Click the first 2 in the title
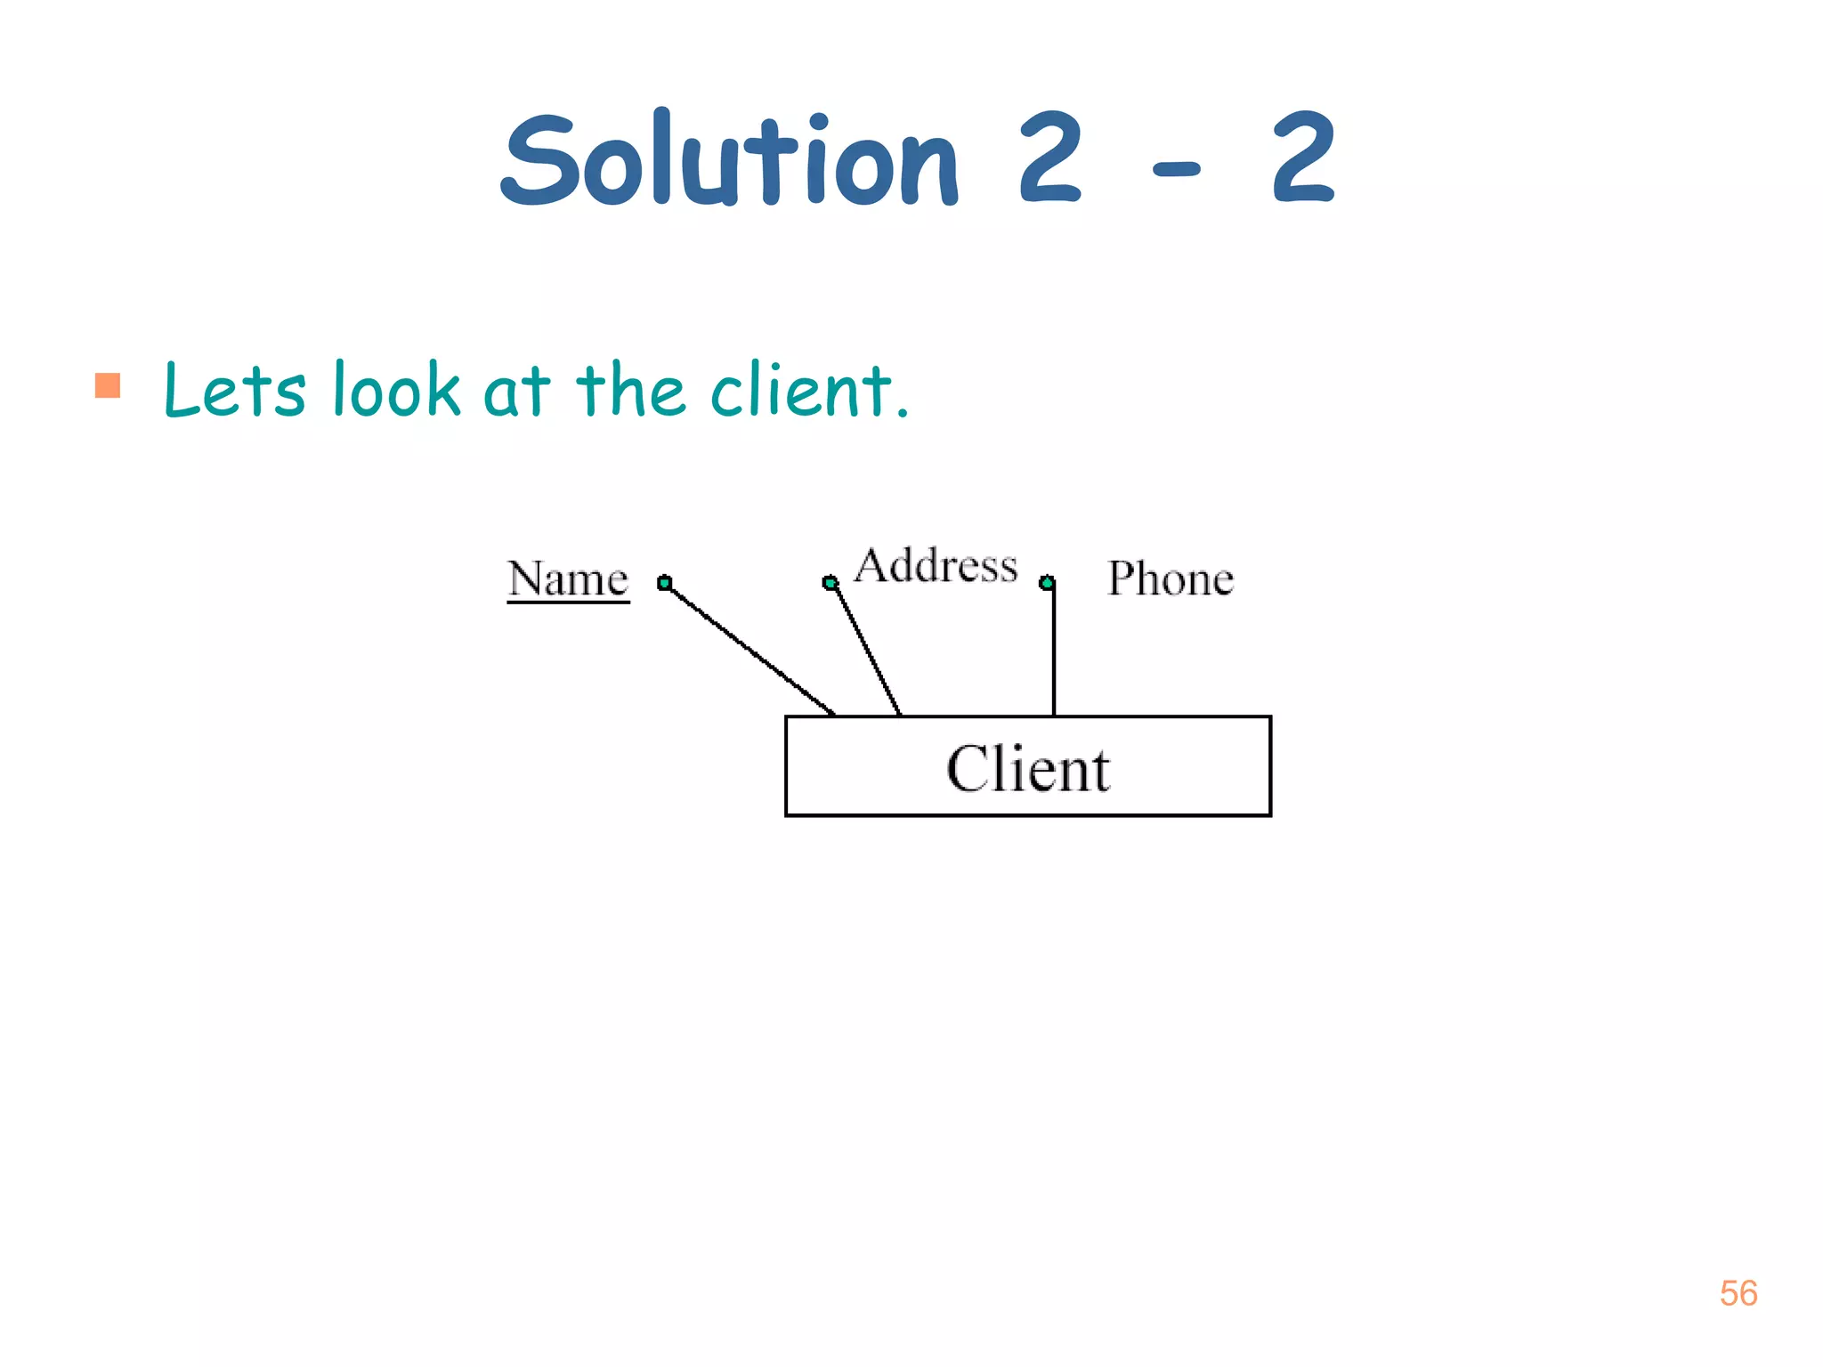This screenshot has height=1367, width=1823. pyautogui.click(x=1050, y=160)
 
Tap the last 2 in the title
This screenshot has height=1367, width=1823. pyautogui.click(x=1303, y=160)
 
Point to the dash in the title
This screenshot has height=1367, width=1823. pyautogui.click(x=1177, y=167)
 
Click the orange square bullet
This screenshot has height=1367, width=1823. pyautogui.click(x=108, y=385)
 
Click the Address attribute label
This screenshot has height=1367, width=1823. pyautogui.click(x=936, y=566)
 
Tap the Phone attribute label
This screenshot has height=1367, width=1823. pyautogui.click(x=1171, y=578)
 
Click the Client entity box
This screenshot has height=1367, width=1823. pyautogui.click(x=1028, y=766)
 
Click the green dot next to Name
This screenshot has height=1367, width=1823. pyautogui.click(x=665, y=583)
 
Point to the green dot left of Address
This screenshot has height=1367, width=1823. pyautogui.click(x=830, y=583)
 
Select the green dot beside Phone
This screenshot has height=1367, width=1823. pyautogui.click(x=1048, y=583)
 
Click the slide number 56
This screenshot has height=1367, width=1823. pyautogui.click(x=1738, y=1293)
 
